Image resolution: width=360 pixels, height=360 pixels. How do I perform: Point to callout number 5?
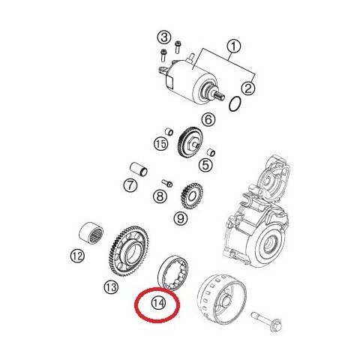tap(205, 164)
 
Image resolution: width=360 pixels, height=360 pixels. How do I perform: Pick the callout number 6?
tap(208, 119)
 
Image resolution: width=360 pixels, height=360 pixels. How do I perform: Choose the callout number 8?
tap(159, 197)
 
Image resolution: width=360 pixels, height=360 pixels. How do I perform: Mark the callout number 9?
tap(180, 219)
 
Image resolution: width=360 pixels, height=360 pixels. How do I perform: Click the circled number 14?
tap(157, 303)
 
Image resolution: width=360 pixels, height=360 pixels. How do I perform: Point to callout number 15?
tap(160, 143)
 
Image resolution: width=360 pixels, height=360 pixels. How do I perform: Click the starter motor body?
tap(187, 75)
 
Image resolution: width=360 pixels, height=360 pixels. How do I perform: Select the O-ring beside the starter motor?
tap(234, 103)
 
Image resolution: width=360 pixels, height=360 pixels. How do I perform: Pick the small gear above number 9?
tap(191, 197)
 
